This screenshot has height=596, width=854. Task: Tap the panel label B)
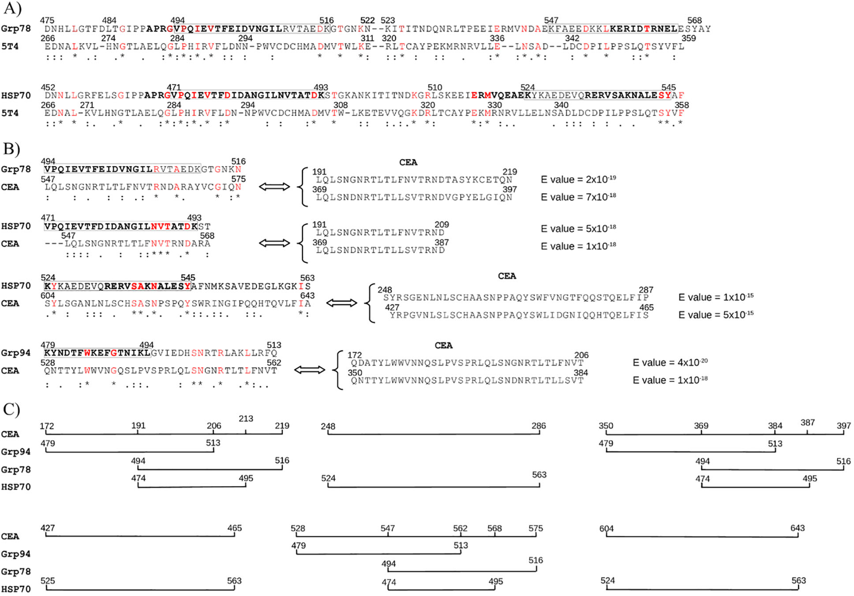pos(12,149)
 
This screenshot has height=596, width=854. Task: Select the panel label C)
pos(12,409)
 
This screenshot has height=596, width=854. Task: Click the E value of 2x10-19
pos(578,179)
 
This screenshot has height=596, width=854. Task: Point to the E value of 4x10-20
pos(670,362)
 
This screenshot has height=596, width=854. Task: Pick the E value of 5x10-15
pos(716,314)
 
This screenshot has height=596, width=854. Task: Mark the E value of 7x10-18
pos(578,197)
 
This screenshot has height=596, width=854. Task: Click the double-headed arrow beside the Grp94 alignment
pos(309,370)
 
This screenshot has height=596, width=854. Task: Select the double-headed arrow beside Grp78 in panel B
pos(274,187)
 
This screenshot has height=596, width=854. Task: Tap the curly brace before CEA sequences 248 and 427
pos(371,303)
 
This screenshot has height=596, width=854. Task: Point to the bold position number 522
pos(367,20)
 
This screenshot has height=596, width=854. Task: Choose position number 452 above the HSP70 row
pos(48,87)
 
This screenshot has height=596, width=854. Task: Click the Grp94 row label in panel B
pos(16,353)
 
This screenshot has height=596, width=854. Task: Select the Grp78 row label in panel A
pos(16,28)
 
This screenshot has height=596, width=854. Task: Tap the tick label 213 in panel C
pos(246,419)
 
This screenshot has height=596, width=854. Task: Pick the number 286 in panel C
pos(539,426)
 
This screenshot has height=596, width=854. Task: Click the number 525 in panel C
pos(48,581)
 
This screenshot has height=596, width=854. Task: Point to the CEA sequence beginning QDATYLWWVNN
pos(467,363)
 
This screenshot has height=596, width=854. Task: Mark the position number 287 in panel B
pos(646,290)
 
